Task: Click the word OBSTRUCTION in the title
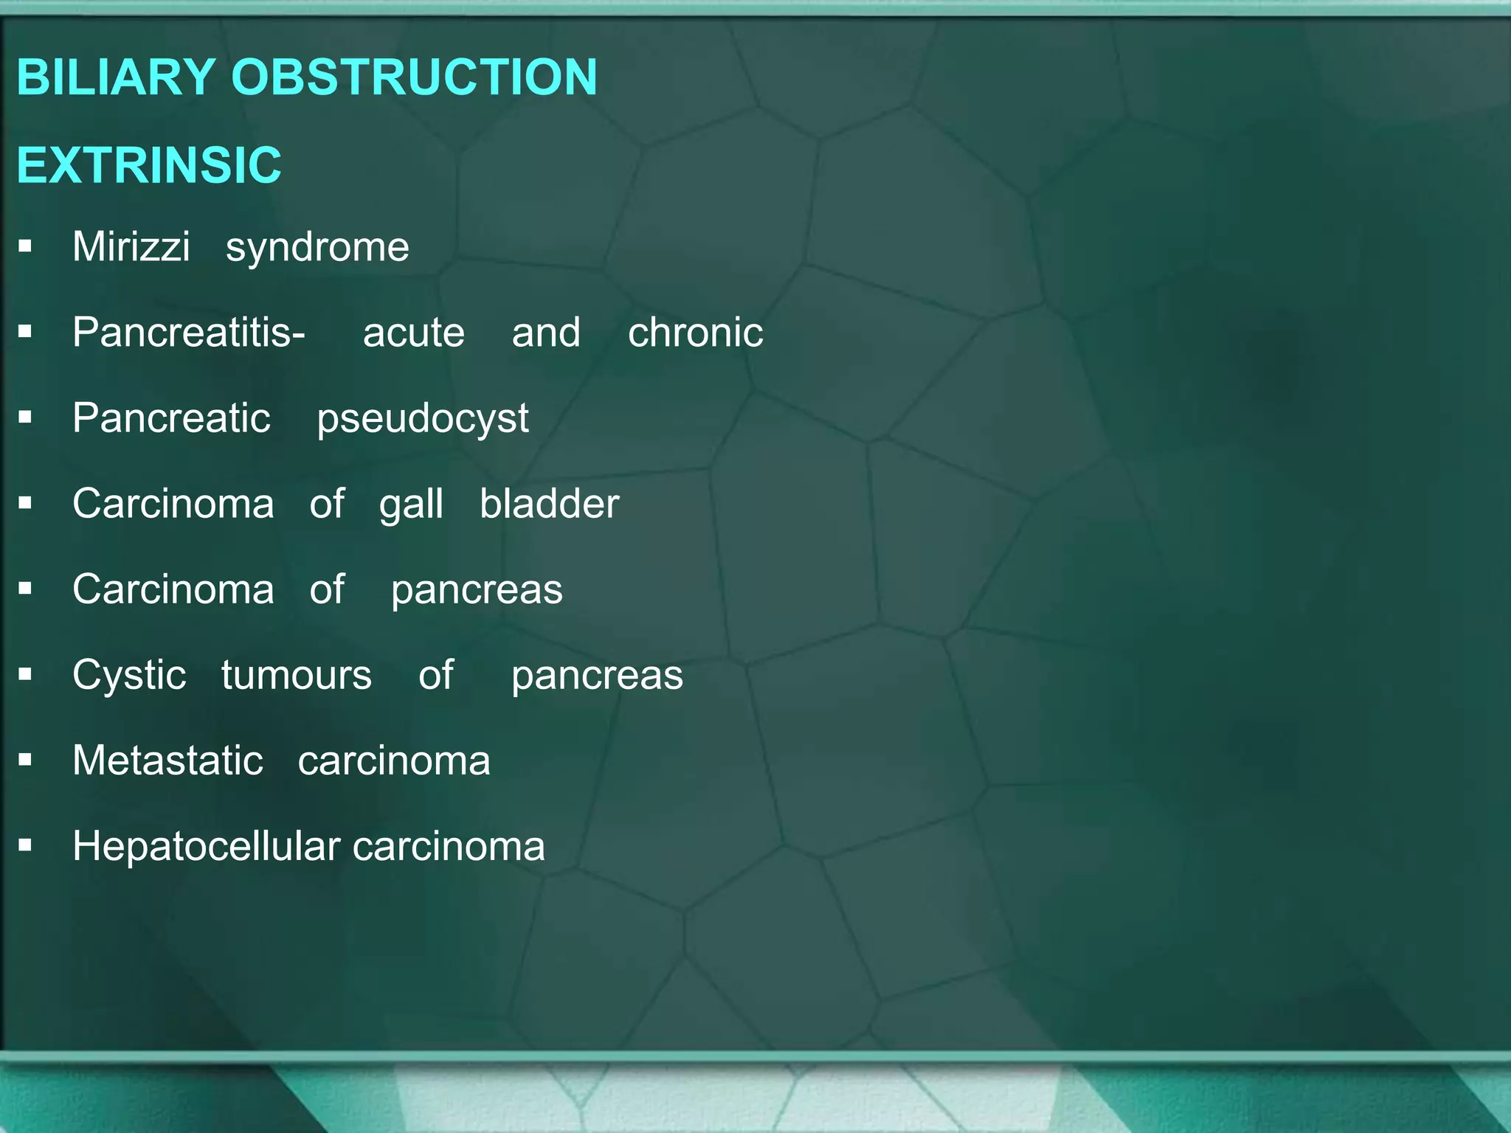click(x=414, y=77)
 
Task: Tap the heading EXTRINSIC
click(x=149, y=164)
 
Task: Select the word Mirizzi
click(x=131, y=246)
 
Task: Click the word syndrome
click(x=317, y=248)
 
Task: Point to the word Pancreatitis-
click(x=189, y=333)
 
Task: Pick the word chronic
click(x=695, y=333)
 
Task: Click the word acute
click(x=414, y=333)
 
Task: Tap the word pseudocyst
click(x=423, y=419)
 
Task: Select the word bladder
click(x=549, y=504)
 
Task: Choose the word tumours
click(x=297, y=675)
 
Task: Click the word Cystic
click(x=129, y=675)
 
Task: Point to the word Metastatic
click(x=167, y=760)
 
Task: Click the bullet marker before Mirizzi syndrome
click(x=26, y=246)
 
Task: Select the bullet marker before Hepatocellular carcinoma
click(x=26, y=846)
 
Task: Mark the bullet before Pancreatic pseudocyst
click(x=26, y=418)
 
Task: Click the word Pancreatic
click(x=172, y=418)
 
